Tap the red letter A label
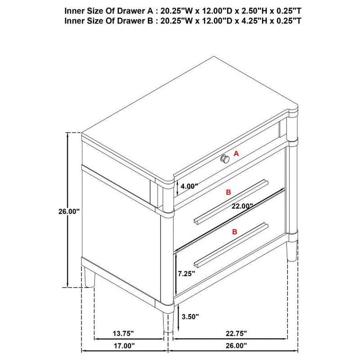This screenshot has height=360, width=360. (x=236, y=153)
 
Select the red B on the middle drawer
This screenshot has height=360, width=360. (x=229, y=192)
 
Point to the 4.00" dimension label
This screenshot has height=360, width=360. (x=189, y=185)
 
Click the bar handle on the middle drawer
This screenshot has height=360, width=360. (x=230, y=201)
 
